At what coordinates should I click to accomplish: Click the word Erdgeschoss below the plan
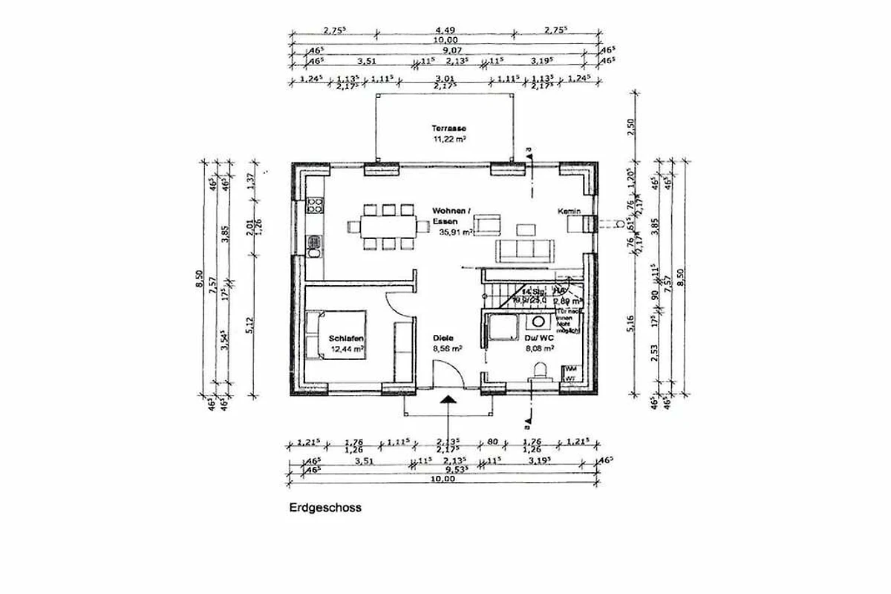point(324,509)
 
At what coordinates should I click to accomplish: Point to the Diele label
point(443,338)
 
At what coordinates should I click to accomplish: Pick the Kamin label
point(569,212)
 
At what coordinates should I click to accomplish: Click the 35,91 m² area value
point(455,232)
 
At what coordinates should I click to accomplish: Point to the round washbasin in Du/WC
point(535,322)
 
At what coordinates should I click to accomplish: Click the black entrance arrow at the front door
point(448,402)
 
